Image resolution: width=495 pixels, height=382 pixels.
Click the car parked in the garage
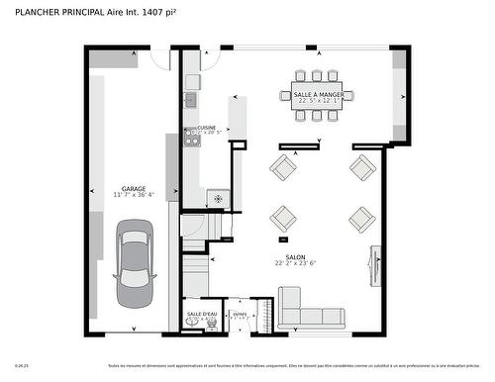click(x=136, y=264)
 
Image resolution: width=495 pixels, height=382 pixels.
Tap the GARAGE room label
click(x=135, y=190)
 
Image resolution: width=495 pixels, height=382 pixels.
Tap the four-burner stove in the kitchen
click(x=192, y=140)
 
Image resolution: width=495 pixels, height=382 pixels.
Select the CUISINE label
click(x=207, y=128)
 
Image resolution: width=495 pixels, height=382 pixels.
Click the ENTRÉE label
click(x=239, y=314)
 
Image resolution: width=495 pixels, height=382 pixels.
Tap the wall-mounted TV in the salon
click(x=373, y=261)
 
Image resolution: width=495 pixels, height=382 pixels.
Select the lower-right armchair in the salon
click(x=362, y=218)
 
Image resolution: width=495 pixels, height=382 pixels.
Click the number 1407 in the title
click(x=154, y=11)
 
